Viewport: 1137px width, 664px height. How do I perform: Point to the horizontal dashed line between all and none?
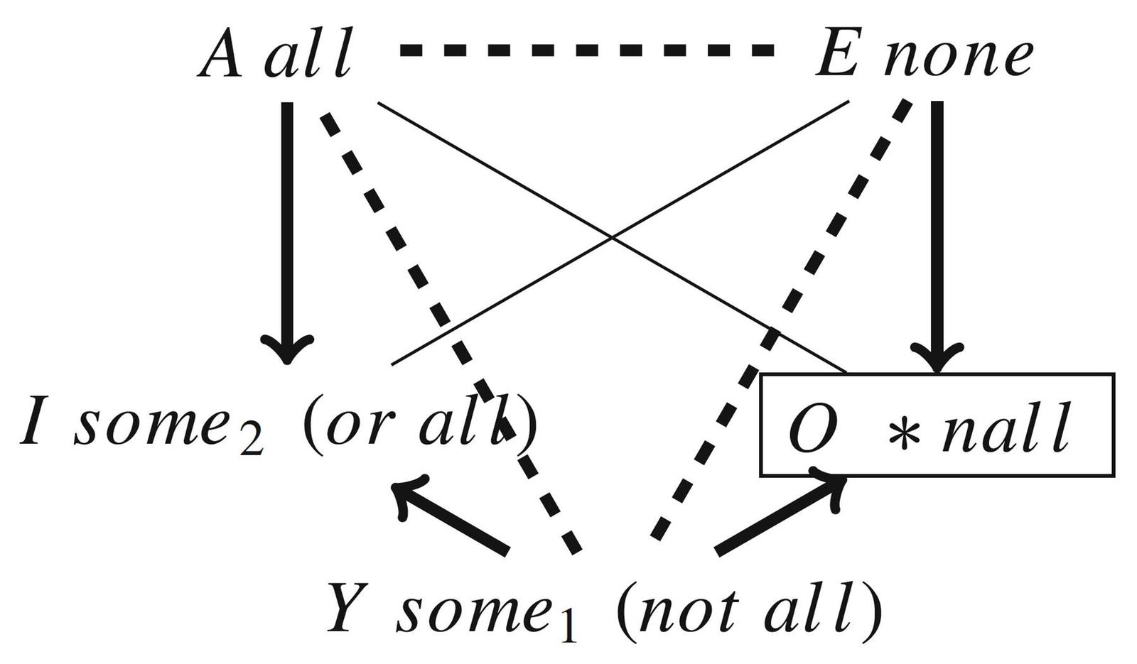pyautogui.click(x=587, y=50)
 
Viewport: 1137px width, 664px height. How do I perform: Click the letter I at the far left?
pyautogui.click(x=31, y=423)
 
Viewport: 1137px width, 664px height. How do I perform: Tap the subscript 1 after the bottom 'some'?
pyautogui.click(x=566, y=629)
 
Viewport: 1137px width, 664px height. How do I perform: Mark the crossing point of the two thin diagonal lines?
pyautogui.click(x=613, y=239)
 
